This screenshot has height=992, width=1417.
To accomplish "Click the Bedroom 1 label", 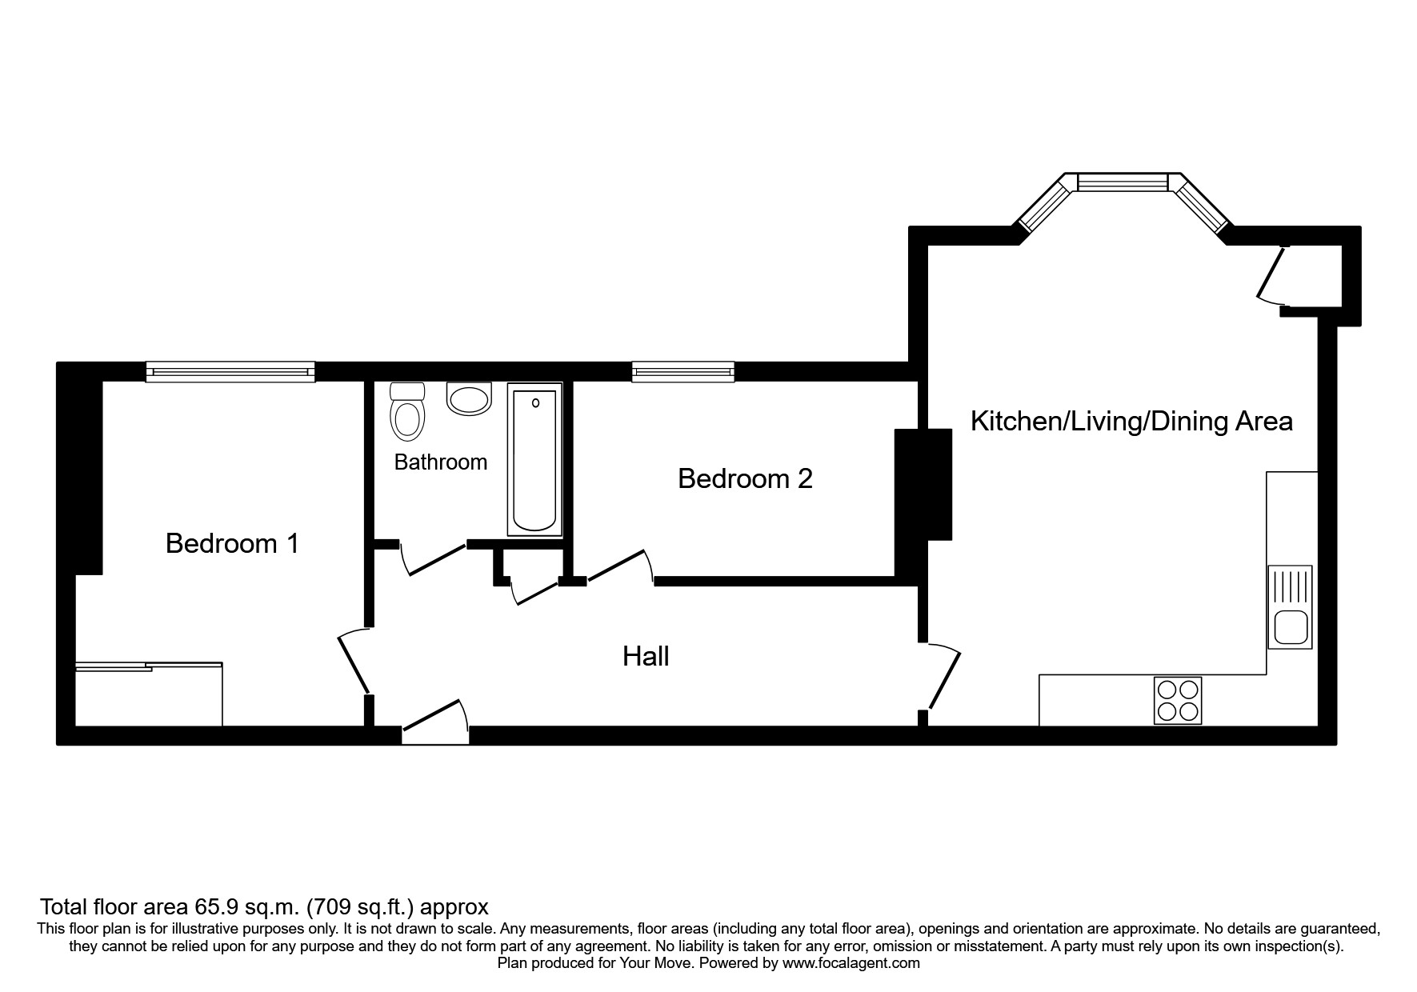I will [x=232, y=544].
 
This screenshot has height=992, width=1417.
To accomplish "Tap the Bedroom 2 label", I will [x=745, y=478].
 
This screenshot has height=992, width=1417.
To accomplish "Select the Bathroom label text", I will [x=440, y=462].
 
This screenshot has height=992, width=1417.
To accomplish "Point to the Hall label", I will [x=646, y=657].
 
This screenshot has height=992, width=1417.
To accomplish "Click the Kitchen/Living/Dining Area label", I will [x=1131, y=422].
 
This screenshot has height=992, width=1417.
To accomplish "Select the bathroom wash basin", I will [x=468, y=399].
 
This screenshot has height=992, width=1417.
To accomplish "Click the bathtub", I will [x=534, y=460].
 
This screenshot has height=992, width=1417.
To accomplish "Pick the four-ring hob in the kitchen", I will [x=1178, y=701].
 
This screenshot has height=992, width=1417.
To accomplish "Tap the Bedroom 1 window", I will [x=230, y=371].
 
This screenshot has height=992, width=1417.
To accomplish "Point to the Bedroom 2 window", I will [x=682, y=370].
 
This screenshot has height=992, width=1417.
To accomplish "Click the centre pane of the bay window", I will [x=1122, y=183].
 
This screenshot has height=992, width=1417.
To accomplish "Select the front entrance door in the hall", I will [x=434, y=717].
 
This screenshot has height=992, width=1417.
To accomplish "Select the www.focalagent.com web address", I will [x=851, y=963].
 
